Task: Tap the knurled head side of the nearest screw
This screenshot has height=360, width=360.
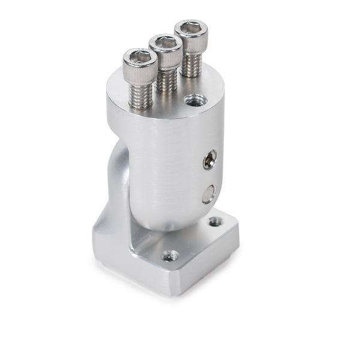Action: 140,74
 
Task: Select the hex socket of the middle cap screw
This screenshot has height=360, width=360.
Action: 166,42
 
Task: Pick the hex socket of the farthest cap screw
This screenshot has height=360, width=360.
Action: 191,27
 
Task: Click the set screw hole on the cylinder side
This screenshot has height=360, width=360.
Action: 209,159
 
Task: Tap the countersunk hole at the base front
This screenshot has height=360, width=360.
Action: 170,256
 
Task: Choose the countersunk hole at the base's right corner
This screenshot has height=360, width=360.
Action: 215,222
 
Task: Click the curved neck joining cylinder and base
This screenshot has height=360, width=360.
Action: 118,180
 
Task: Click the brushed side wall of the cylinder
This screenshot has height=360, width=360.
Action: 162,162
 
